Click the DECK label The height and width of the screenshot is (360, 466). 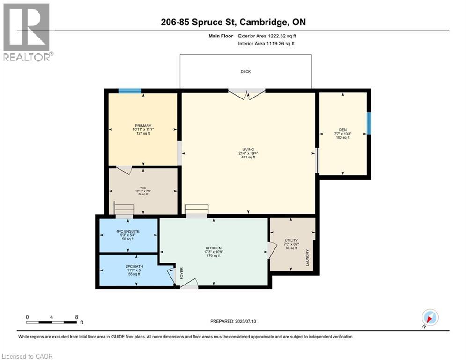[246, 72]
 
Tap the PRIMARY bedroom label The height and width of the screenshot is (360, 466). [143, 126]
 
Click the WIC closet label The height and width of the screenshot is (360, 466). [143, 187]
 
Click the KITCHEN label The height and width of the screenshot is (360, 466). [214, 248]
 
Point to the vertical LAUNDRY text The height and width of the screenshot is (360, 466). [308, 258]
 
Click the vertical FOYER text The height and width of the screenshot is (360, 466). [182, 273]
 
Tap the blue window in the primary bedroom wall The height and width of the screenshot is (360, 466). [130, 91]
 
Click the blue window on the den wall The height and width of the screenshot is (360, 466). [369, 122]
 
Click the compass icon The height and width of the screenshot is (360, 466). [429, 317]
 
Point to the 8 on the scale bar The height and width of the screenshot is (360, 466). [76, 317]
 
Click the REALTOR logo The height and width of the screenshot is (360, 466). [27, 32]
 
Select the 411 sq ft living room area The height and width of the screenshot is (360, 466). [248, 157]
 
